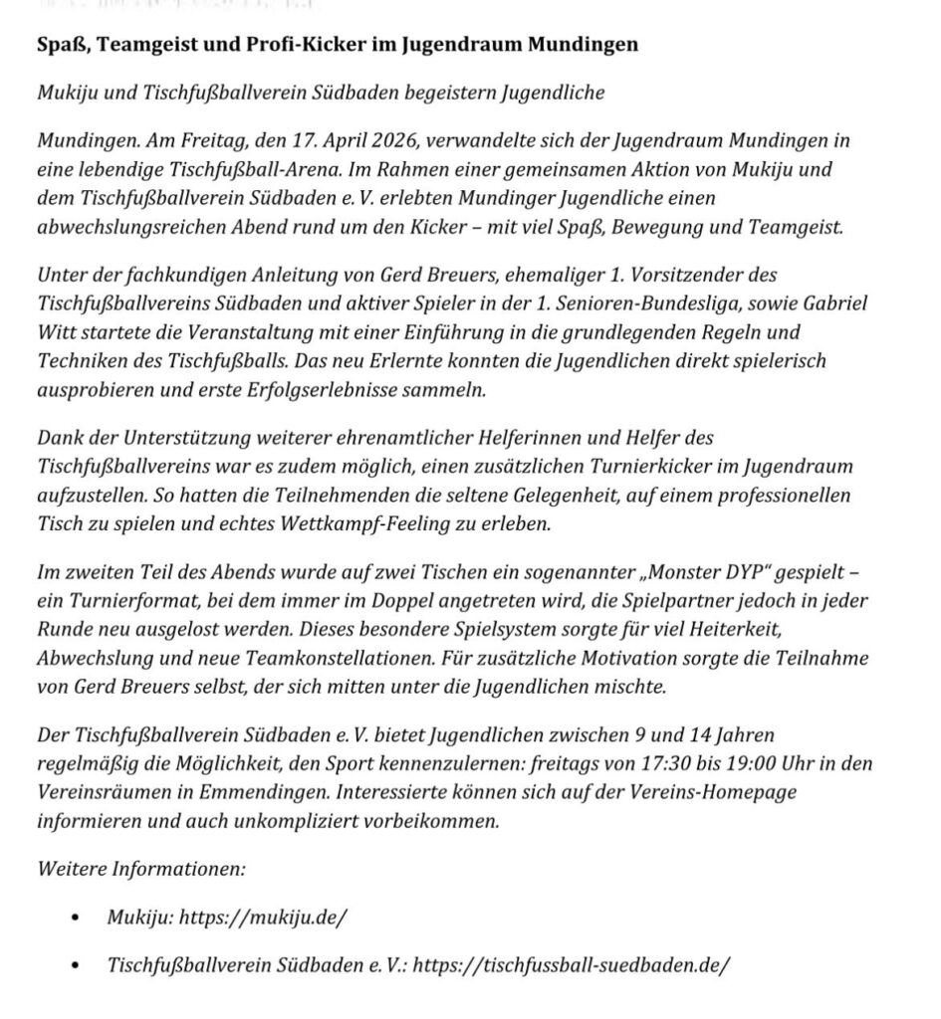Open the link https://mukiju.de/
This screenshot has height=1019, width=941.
(x=263, y=917)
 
